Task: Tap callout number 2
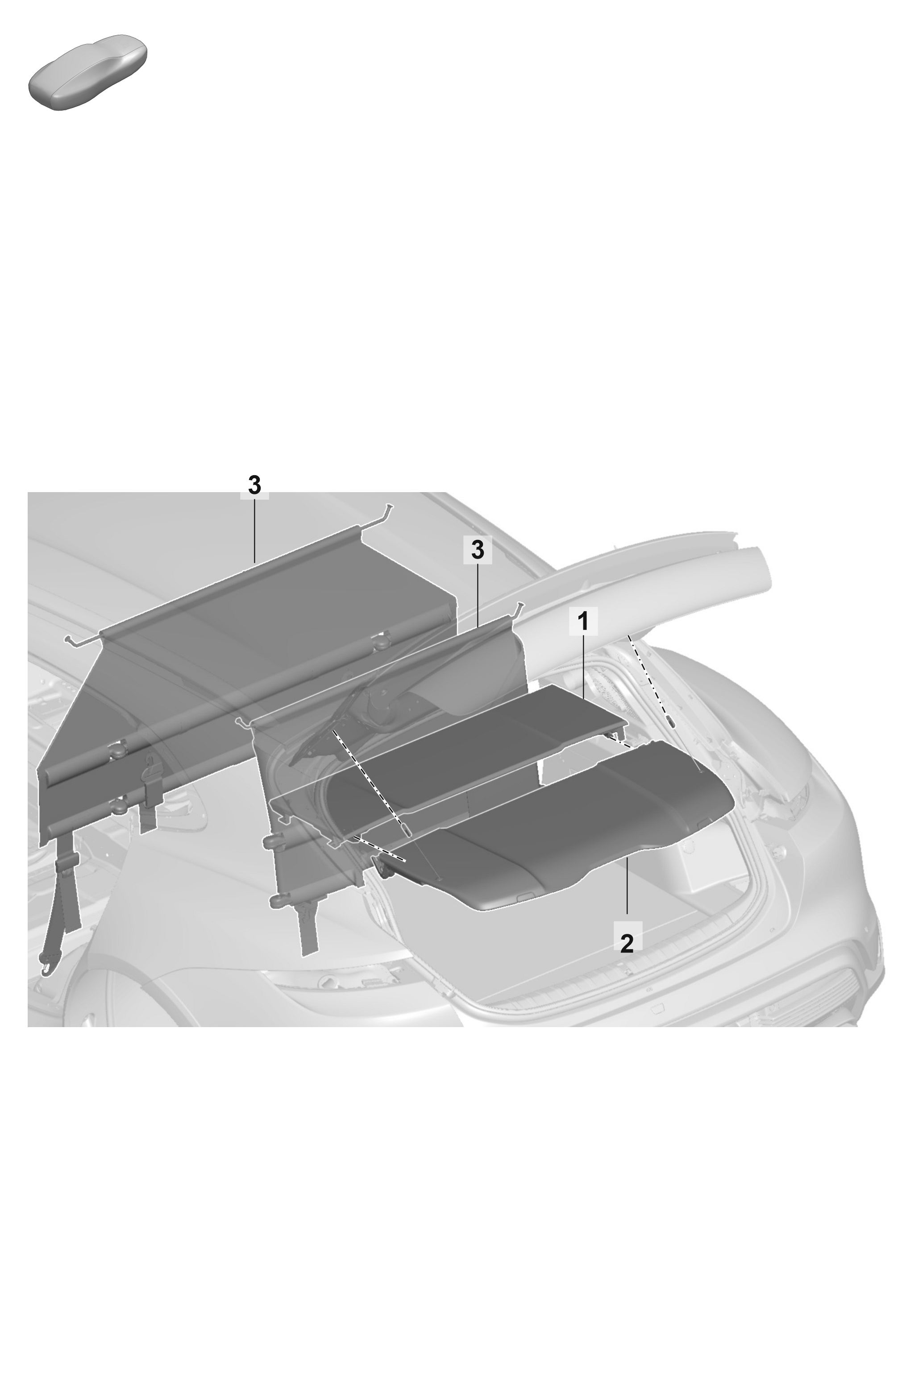tap(627, 943)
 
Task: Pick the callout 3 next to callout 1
tap(478, 550)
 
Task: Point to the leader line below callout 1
tap(583, 666)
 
